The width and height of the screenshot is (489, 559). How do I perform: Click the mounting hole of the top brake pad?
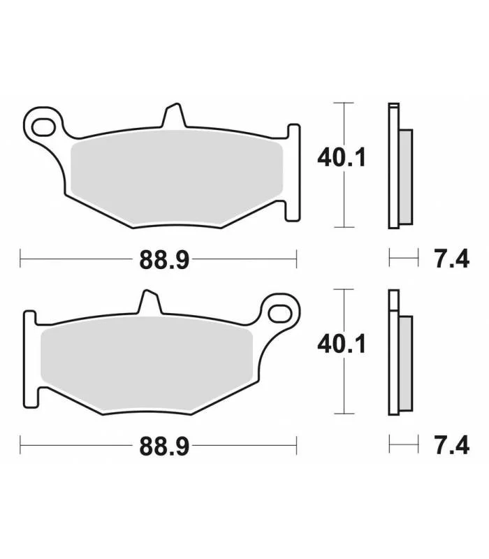43,127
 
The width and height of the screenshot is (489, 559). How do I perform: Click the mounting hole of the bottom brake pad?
280,314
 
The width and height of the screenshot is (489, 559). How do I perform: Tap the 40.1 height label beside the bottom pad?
342,344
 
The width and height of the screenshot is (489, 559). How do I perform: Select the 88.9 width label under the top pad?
164,260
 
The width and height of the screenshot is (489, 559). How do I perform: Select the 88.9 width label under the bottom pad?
164,447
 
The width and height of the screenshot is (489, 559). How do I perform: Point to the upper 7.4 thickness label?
451,259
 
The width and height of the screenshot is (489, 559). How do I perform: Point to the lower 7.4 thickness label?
451,445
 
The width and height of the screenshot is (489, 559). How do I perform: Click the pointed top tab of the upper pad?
174,115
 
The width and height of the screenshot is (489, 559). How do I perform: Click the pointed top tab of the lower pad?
149,302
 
